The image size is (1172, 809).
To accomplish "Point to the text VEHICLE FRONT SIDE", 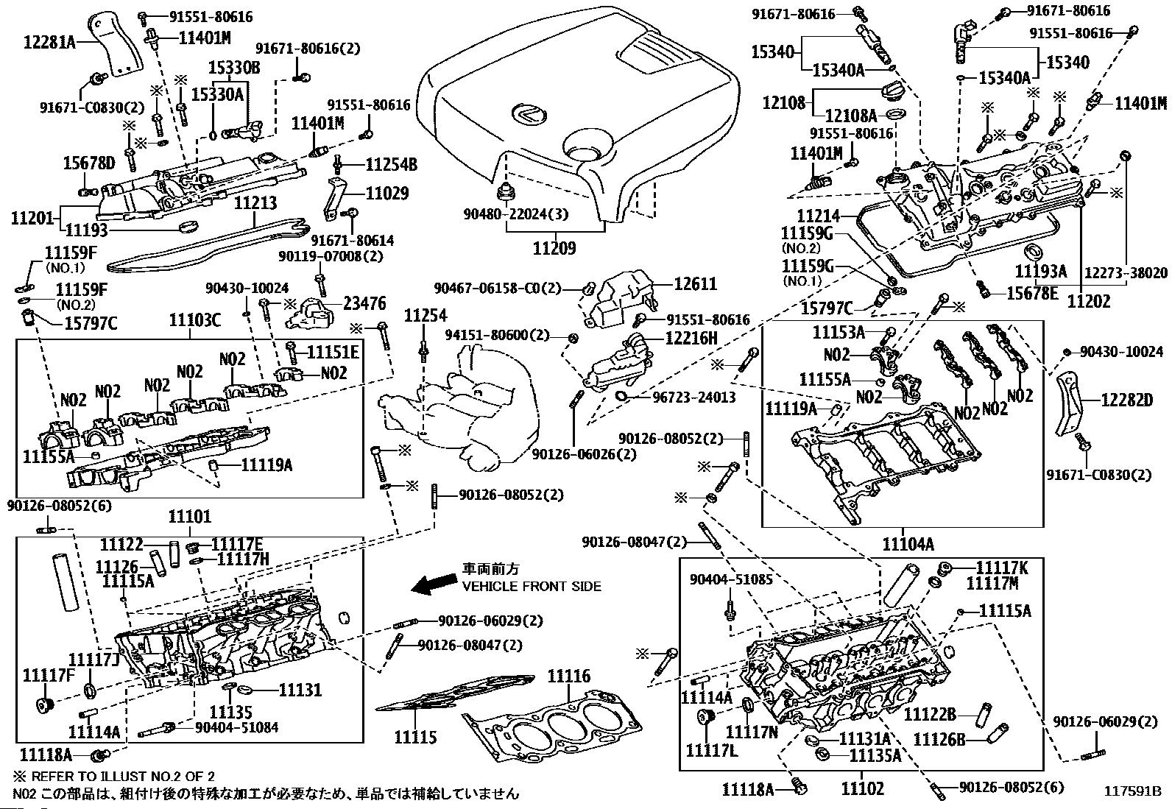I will click(x=532, y=587).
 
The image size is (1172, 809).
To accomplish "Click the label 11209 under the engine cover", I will click(x=555, y=248).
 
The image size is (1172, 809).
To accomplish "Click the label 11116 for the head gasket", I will click(x=569, y=676).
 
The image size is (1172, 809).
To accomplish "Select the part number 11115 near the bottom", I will click(x=415, y=737).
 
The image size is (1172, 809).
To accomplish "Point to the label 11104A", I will click(x=908, y=544).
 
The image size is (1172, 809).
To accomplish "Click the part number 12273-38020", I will click(x=1126, y=273).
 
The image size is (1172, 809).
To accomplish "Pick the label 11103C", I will click(x=195, y=320).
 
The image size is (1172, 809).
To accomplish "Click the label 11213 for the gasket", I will click(x=255, y=202).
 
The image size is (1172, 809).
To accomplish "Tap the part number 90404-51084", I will click(x=237, y=727).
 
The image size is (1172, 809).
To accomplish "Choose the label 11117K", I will click(x=1002, y=568).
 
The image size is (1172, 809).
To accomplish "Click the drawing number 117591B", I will click(x=1132, y=792).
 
